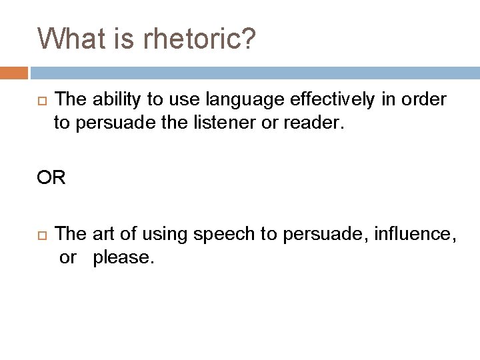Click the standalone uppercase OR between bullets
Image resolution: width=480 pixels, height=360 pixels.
point(51,179)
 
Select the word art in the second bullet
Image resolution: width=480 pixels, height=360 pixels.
point(103,234)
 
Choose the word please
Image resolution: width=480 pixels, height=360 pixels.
point(124,257)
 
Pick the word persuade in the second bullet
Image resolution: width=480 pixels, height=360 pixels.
point(311,234)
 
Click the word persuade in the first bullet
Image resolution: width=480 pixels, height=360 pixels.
point(112,123)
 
